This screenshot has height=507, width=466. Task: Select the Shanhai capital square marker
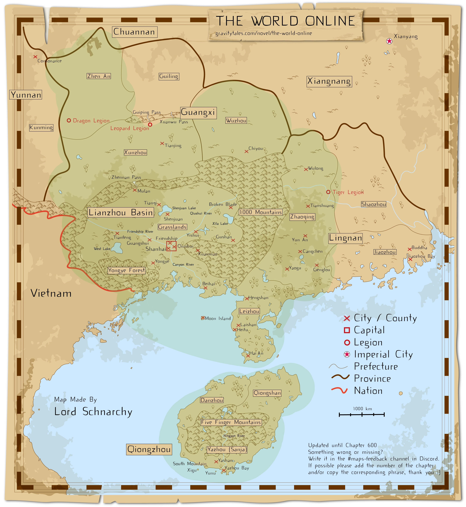pyautogui.click(x=171, y=246)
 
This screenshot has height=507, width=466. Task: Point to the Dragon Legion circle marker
pyautogui.click(x=69, y=121)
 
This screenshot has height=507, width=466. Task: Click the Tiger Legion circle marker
pyautogui.click(x=328, y=192)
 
